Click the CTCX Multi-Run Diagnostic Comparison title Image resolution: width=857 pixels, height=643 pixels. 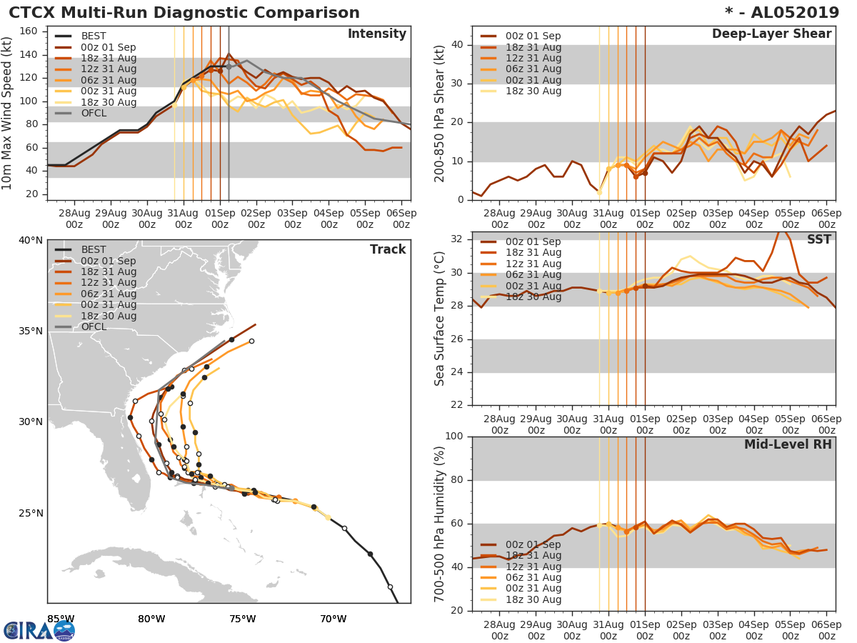184,13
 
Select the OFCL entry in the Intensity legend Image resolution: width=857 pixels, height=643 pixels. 94,113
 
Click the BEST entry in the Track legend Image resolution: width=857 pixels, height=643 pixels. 94,249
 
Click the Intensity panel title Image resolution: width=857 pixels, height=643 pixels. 376,34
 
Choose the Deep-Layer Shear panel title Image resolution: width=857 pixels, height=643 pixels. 771,34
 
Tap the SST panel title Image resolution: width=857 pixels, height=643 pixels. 819,239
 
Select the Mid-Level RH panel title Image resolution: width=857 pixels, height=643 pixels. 788,444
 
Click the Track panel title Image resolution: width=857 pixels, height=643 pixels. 388,249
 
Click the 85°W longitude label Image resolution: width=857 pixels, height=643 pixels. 61,619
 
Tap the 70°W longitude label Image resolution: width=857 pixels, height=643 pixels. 333,619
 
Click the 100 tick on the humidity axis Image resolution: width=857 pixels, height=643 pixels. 453,437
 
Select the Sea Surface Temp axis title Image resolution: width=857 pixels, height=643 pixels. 440,319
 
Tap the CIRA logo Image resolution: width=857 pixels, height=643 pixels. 39,630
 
